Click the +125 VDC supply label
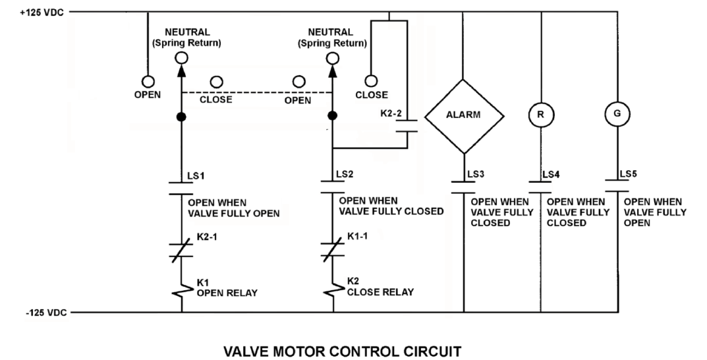42,13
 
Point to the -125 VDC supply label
46,313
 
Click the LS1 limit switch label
196,176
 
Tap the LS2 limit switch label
345,175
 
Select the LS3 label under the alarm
476,174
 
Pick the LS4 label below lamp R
551,175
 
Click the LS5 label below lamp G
628,174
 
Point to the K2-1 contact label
206,237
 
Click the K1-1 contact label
357,236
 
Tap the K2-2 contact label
391,113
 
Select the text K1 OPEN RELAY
227,288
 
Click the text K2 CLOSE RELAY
380,287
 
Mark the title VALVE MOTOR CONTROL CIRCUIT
343,351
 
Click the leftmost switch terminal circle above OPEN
148,82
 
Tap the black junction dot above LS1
181,117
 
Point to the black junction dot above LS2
332,116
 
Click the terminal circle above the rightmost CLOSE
371,81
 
